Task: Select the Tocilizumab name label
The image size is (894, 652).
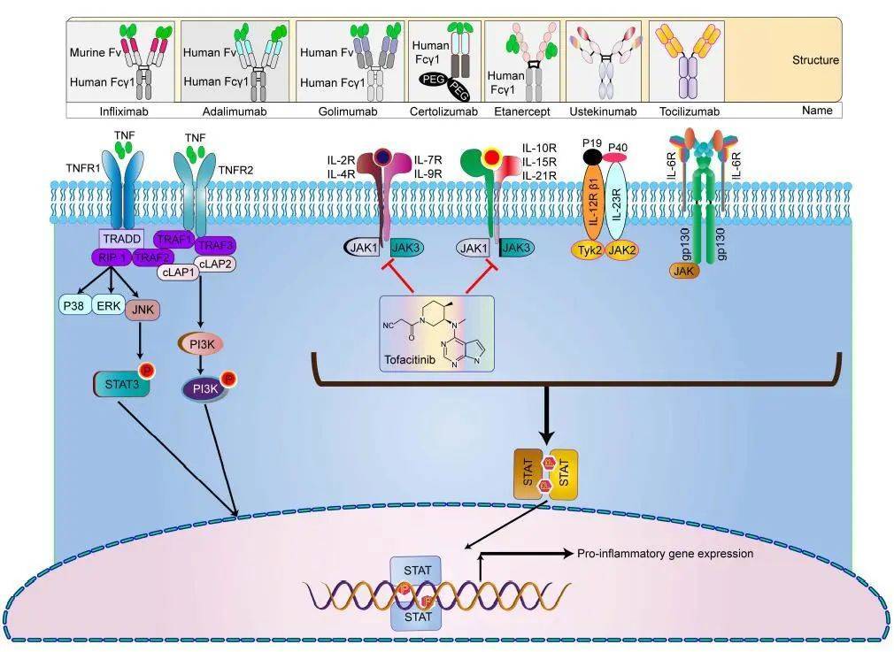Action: (x=690, y=111)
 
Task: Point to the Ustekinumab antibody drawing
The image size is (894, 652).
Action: (x=607, y=62)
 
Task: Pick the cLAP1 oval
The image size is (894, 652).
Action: (x=177, y=273)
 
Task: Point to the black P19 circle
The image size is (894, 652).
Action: (x=592, y=157)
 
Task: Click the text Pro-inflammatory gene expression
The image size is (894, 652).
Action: (x=665, y=554)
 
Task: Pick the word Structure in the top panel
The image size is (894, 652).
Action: (x=815, y=61)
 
